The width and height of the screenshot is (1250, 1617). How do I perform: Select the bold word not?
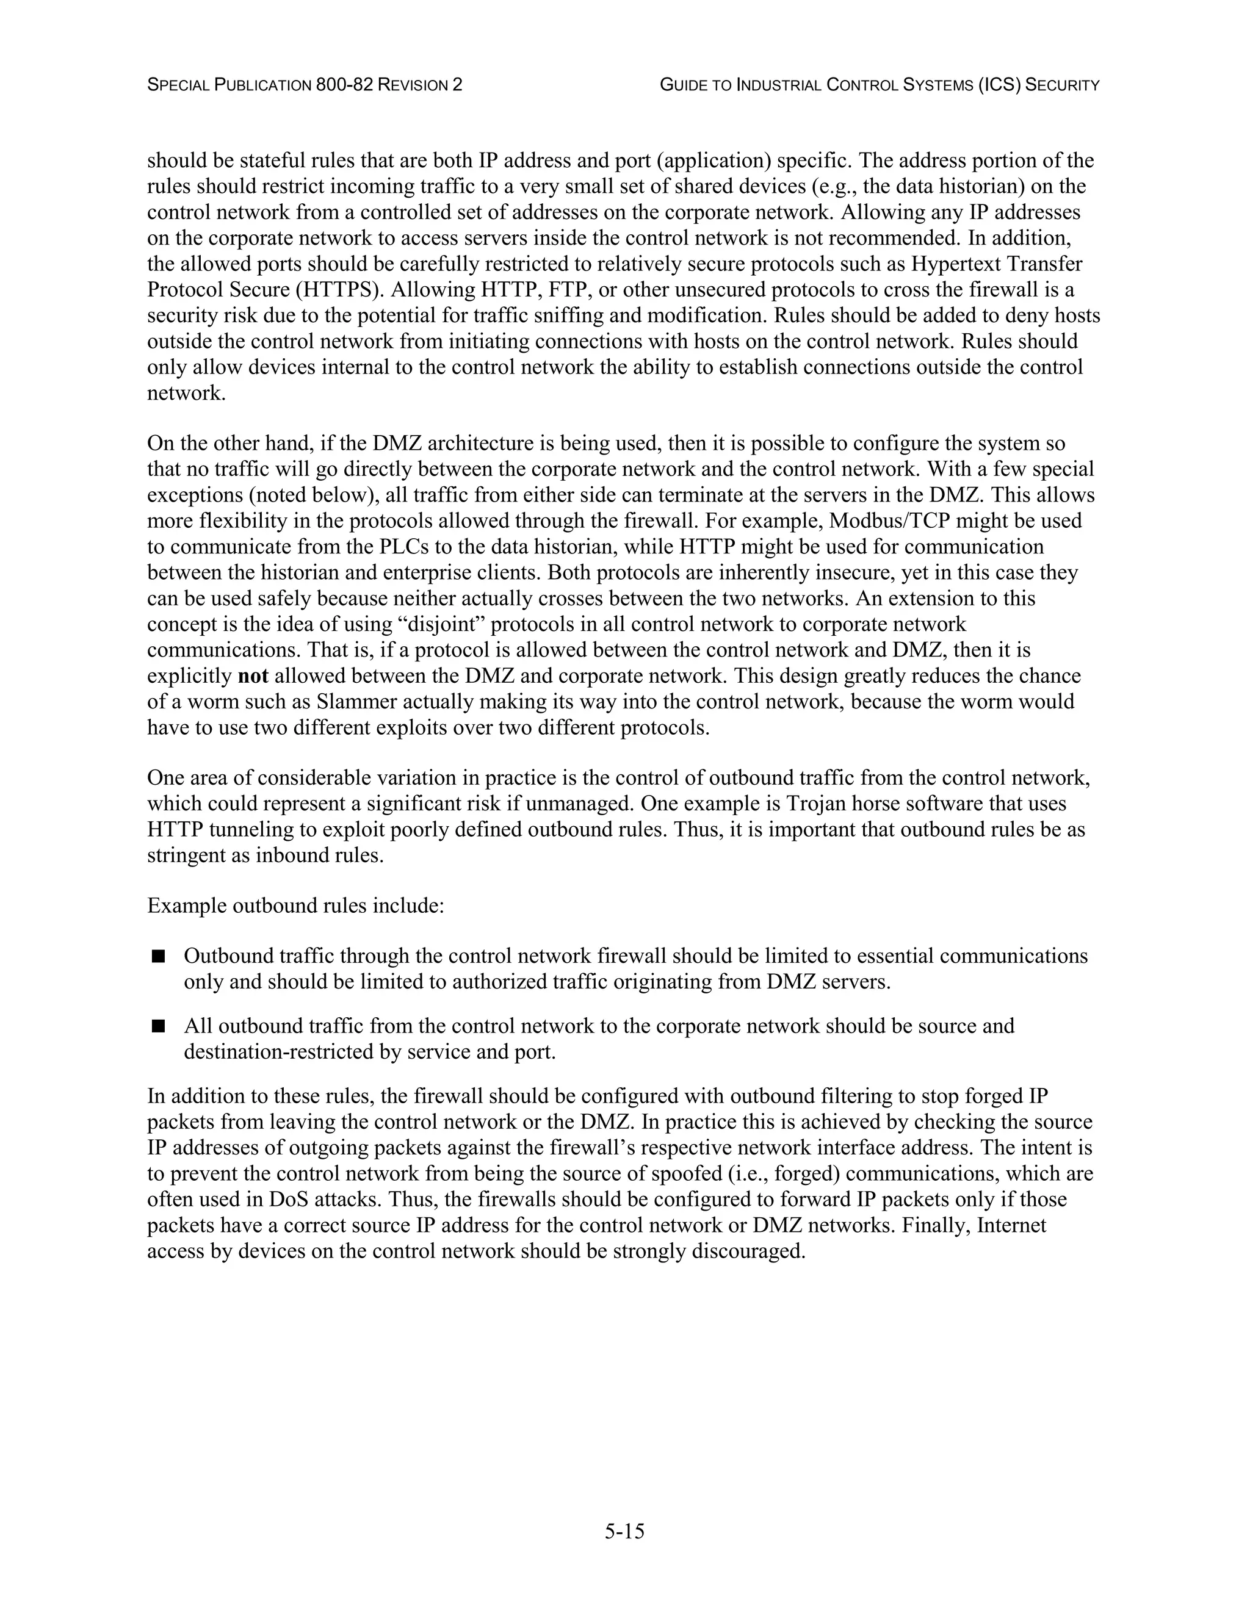(253, 676)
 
